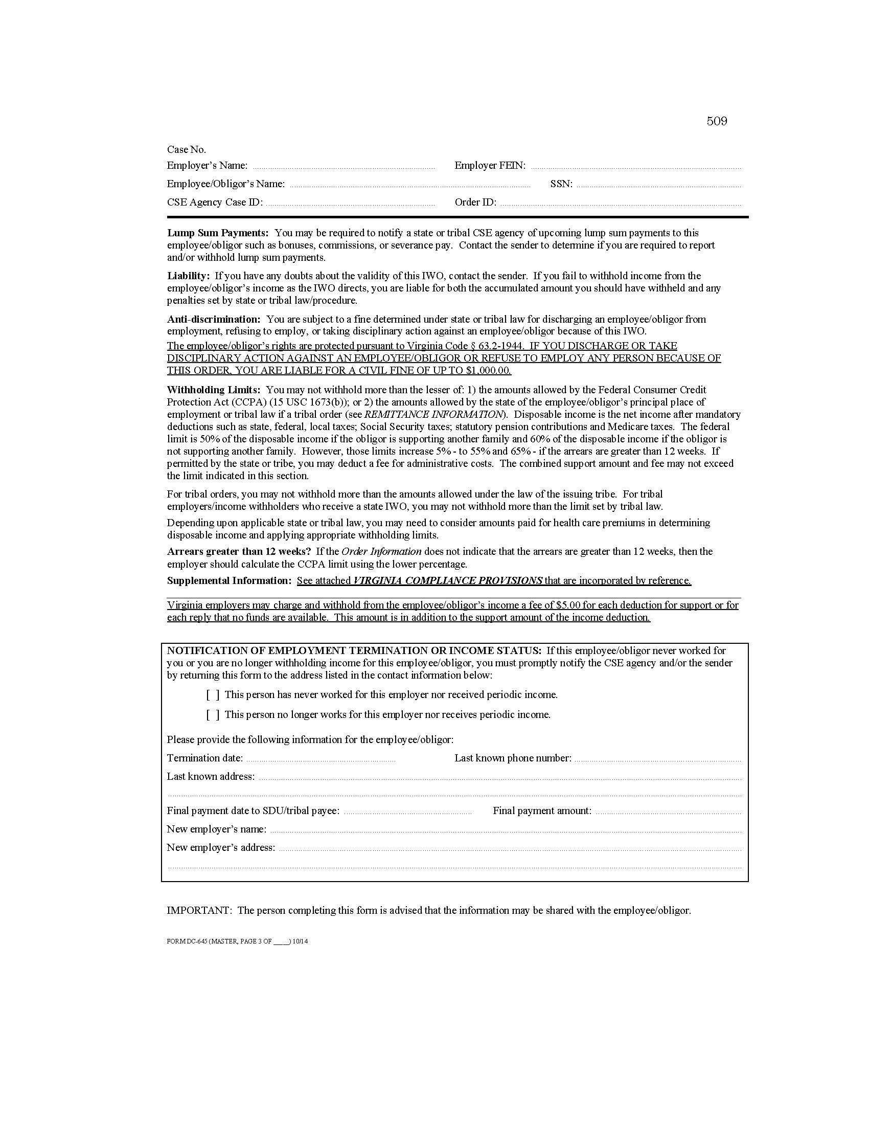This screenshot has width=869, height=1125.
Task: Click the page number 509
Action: click(x=716, y=121)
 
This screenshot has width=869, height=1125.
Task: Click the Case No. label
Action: click(x=186, y=149)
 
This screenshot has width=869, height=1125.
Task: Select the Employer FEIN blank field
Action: click(x=635, y=166)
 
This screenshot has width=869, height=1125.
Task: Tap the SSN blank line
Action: click(x=658, y=185)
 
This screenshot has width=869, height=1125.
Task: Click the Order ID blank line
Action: click(x=621, y=203)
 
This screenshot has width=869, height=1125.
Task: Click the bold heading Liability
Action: click(x=188, y=276)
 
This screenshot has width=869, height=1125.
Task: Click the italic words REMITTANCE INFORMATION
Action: click(x=433, y=414)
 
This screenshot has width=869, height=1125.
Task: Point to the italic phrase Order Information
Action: click(x=381, y=551)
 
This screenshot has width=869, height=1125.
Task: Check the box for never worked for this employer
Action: click(x=213, y=695)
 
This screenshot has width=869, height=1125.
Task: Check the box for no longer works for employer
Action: click(x=213, y=715)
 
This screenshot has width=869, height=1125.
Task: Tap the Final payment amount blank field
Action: click(x=668, y=812)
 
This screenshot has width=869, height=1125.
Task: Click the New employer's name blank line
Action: click(x=505, y=830)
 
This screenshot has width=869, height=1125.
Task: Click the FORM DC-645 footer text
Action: click(x=237, y=941)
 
